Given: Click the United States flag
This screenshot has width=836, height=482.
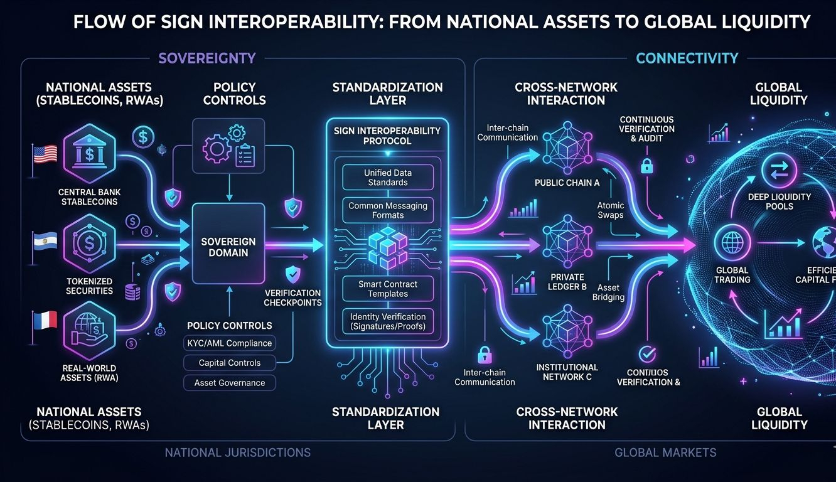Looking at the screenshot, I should pyautogui.click(x=45, y=154).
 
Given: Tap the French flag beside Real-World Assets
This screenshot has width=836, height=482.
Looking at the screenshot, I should pyautogui.click(x=45, y=321).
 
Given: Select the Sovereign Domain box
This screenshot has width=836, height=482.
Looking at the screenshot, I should pyautogui.click(x=228, y=247).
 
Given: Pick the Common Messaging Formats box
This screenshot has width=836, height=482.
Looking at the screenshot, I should pyautogui.click(x=387, y=210).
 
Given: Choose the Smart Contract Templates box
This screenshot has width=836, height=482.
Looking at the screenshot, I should pyautogui.click(x=387, y=289).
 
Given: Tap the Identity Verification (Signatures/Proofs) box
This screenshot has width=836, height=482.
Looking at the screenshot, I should pyautogui.click(x=387, y=321).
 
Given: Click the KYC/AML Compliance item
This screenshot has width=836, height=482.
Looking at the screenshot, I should pyautogui.click(x=229, y=343).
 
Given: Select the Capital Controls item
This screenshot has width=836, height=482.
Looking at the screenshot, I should pyautogui.click(x=229, y=363).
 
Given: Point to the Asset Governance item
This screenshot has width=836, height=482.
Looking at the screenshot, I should pyautogui.click(x=229, y=383).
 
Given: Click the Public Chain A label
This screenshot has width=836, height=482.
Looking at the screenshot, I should pyautogui.click(x=566, y=183).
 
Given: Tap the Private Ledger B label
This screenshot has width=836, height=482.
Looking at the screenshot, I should pyautogui.click(x=567, y=282).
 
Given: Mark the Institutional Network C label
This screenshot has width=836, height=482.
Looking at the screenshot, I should pyautogui.click(x=567, y=372).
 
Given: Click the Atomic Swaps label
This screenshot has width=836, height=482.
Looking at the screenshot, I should pyautogui.click(x=610, y=210).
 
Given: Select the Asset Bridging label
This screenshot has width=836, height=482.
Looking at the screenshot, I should pyautogui.click(x=608, y=292).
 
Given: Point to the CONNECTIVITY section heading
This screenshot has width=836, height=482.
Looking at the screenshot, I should pyautogui.click(x=687, y=58).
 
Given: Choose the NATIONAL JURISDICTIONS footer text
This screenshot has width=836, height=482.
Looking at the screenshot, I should pyautogui.click(x=237, y=453).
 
